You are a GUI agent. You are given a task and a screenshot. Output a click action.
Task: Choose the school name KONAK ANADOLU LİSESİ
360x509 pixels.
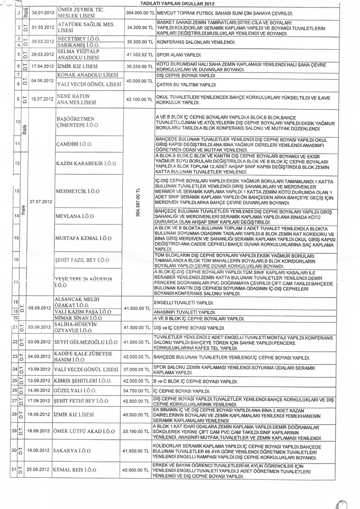pyautogui.click(x=87, y=75)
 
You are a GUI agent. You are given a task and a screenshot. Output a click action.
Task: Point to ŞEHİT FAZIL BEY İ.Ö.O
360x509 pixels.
pyautogui.click(x=83, y=260)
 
